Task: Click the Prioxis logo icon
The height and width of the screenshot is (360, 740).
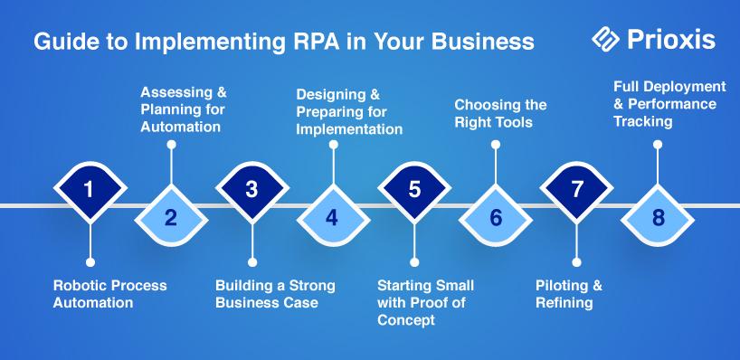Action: (x=605, y=39)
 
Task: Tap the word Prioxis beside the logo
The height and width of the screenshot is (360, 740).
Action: (x=671, y=40)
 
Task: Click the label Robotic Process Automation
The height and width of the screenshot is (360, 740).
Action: (x=110, y=293)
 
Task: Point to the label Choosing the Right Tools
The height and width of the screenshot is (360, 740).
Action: (x=500, y=113)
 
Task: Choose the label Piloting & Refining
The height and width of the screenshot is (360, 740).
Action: (x=569, y=293)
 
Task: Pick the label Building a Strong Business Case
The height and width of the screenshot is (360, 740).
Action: (x=275, y=293)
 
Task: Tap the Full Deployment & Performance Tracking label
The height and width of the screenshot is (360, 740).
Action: (x=669, y=104)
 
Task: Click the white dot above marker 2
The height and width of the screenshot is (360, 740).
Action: (x=171, y=145)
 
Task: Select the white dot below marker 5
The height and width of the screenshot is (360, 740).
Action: (x=414, y=262)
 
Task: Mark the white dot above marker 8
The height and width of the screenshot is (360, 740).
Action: (x=658, y=145)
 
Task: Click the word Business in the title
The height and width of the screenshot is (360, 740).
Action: (x=483, y=42)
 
